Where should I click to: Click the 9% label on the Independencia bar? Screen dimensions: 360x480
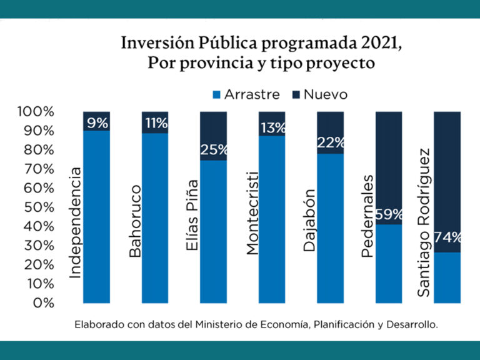point(97,123)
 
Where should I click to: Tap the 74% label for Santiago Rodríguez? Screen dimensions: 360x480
point(447,237)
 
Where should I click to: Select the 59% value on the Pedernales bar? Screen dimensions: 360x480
point(389,215)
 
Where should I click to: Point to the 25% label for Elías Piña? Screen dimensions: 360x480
point(214,150)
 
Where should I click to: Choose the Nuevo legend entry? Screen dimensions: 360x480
point(319,95)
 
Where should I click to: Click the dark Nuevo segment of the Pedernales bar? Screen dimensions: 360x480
point(389,162)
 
